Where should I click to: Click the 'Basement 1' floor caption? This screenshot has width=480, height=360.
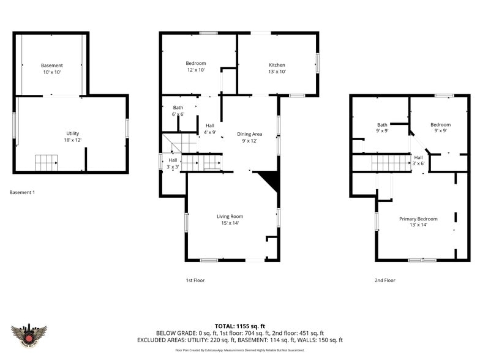(22, 192)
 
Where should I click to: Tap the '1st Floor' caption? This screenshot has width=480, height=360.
(195, 280)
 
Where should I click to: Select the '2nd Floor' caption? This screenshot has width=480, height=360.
(384, 280)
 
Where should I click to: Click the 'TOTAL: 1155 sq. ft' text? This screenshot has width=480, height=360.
(239, 326)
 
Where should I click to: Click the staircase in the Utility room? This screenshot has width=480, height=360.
(46, 162)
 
